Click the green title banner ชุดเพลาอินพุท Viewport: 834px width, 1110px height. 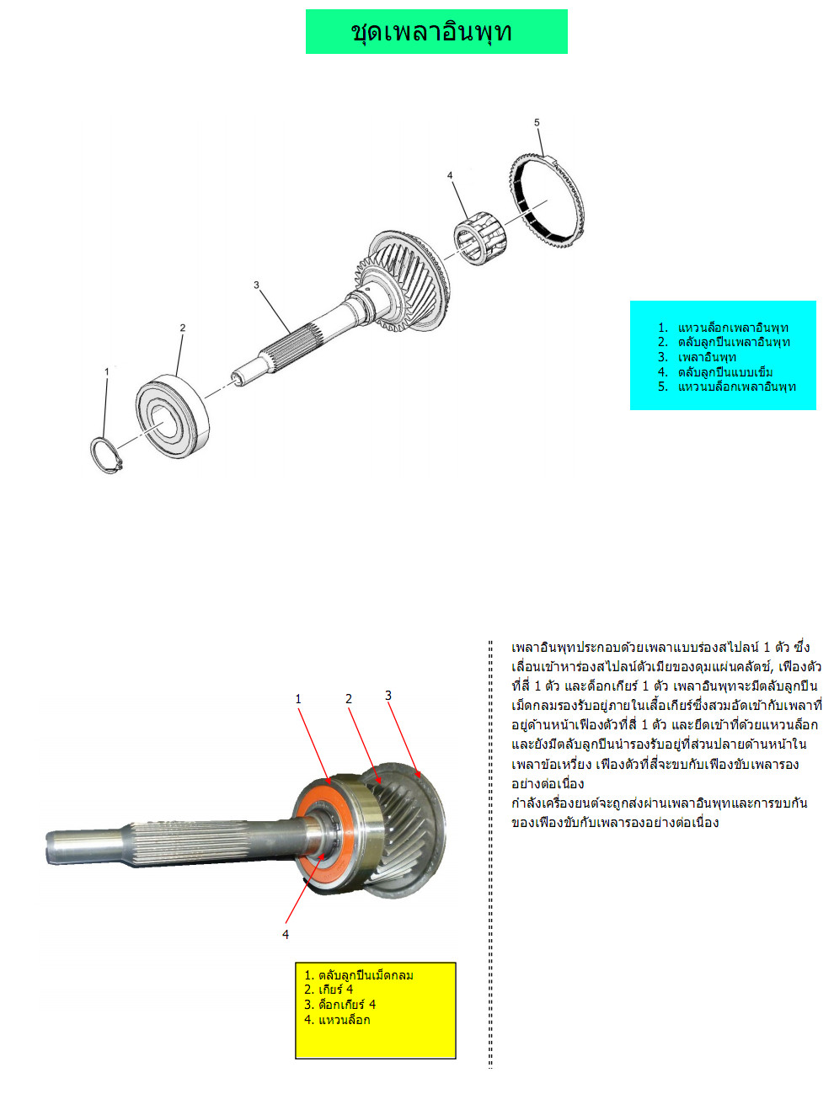436,31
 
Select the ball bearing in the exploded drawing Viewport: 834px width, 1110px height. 173,416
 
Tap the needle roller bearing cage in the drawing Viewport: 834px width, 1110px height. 479,237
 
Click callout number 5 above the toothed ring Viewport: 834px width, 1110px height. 537,122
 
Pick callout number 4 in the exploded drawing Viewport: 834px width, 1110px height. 450,175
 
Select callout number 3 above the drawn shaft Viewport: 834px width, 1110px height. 256,286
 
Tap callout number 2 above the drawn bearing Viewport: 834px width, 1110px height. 183,328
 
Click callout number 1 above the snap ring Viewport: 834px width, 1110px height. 107,371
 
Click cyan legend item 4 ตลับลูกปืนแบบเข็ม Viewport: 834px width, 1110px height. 715,372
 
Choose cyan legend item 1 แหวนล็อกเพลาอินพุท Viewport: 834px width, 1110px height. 723,328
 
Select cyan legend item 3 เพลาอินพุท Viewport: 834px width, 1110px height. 697,357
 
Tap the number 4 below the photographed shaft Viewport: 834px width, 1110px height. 286,935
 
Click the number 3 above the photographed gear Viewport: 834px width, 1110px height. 388,696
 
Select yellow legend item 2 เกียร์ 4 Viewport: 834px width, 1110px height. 329,989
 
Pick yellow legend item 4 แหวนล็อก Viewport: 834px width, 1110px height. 337,1020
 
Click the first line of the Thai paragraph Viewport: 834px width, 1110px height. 660,648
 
